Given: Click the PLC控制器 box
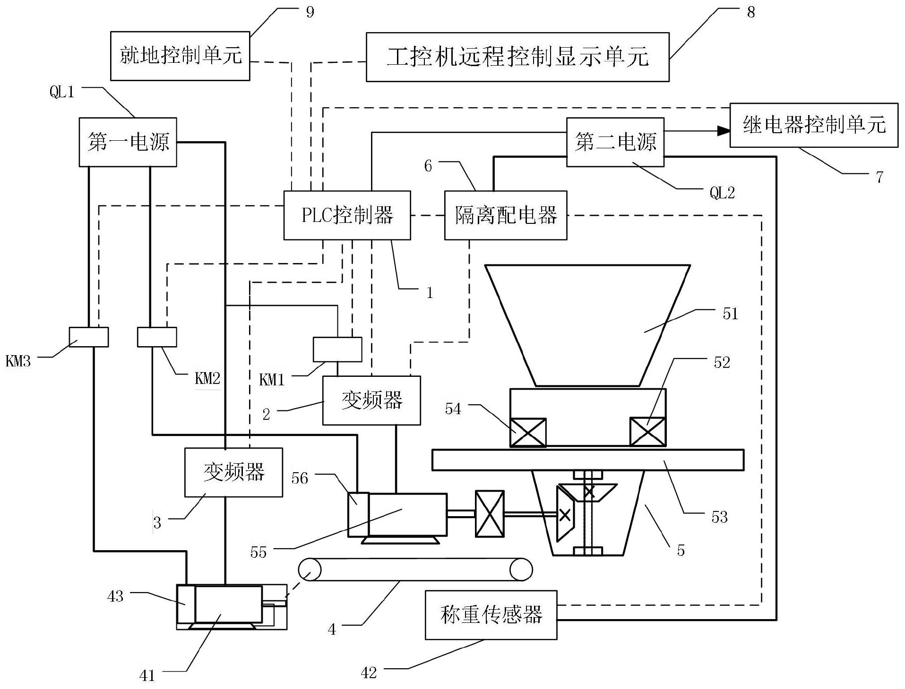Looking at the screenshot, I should click(x=347, y=215).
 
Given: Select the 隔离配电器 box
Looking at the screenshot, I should click(x=506, y=215).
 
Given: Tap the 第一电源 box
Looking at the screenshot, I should click(x=128, y=142).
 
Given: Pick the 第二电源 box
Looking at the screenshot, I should click(x=615, y=142).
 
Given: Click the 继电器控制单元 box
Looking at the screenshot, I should click(x=814, y=125).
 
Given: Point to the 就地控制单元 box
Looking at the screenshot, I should click(x=180, y=56).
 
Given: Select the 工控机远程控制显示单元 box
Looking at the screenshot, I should click(x=517, y=57).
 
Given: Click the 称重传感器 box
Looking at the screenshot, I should click(x=491, y=615).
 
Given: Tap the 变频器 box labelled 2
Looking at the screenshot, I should click(x=371, y=400).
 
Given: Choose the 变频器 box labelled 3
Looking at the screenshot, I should click(x=233, y=472).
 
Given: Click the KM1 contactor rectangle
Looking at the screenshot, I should click(x=337, y=349).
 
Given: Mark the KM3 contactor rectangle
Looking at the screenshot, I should click(x=89, y=337).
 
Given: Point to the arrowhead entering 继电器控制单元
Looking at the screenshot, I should click(x=724, y=131).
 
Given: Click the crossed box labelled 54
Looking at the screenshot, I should click(x=528, y=432).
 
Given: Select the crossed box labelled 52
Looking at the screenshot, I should click(x=648, y=432).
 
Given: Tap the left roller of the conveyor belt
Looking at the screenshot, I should click(x=310, y=570).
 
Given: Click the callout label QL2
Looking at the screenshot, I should click(x=722, y=193).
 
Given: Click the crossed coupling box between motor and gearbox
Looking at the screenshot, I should click(x=490, y=514).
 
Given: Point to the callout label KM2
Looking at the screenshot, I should click(x=207, y=378).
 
